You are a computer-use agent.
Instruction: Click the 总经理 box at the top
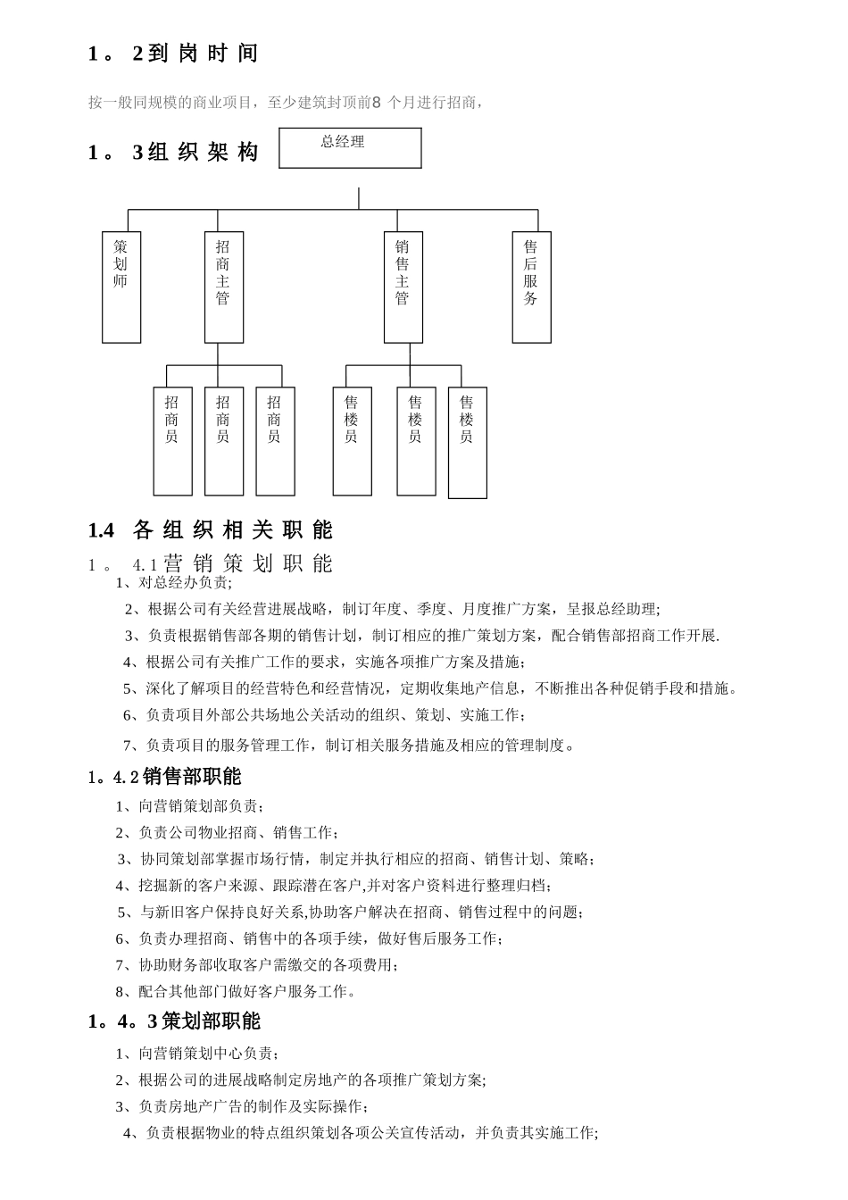350,148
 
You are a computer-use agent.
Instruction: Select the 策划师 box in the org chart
121,287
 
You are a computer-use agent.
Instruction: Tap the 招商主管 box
223,287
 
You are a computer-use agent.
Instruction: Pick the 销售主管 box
403,287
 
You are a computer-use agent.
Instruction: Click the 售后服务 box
531,287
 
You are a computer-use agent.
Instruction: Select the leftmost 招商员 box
172,441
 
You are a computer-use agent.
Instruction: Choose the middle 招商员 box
223,441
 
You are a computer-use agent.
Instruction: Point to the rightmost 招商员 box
275,441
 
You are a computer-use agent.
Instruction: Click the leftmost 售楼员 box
352,441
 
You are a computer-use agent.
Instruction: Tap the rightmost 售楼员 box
467,443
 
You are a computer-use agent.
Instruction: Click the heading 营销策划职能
248,563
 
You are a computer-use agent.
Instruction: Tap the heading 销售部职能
191,777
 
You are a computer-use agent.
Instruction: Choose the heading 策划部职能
211,1021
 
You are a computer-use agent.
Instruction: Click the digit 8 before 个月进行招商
376,103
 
